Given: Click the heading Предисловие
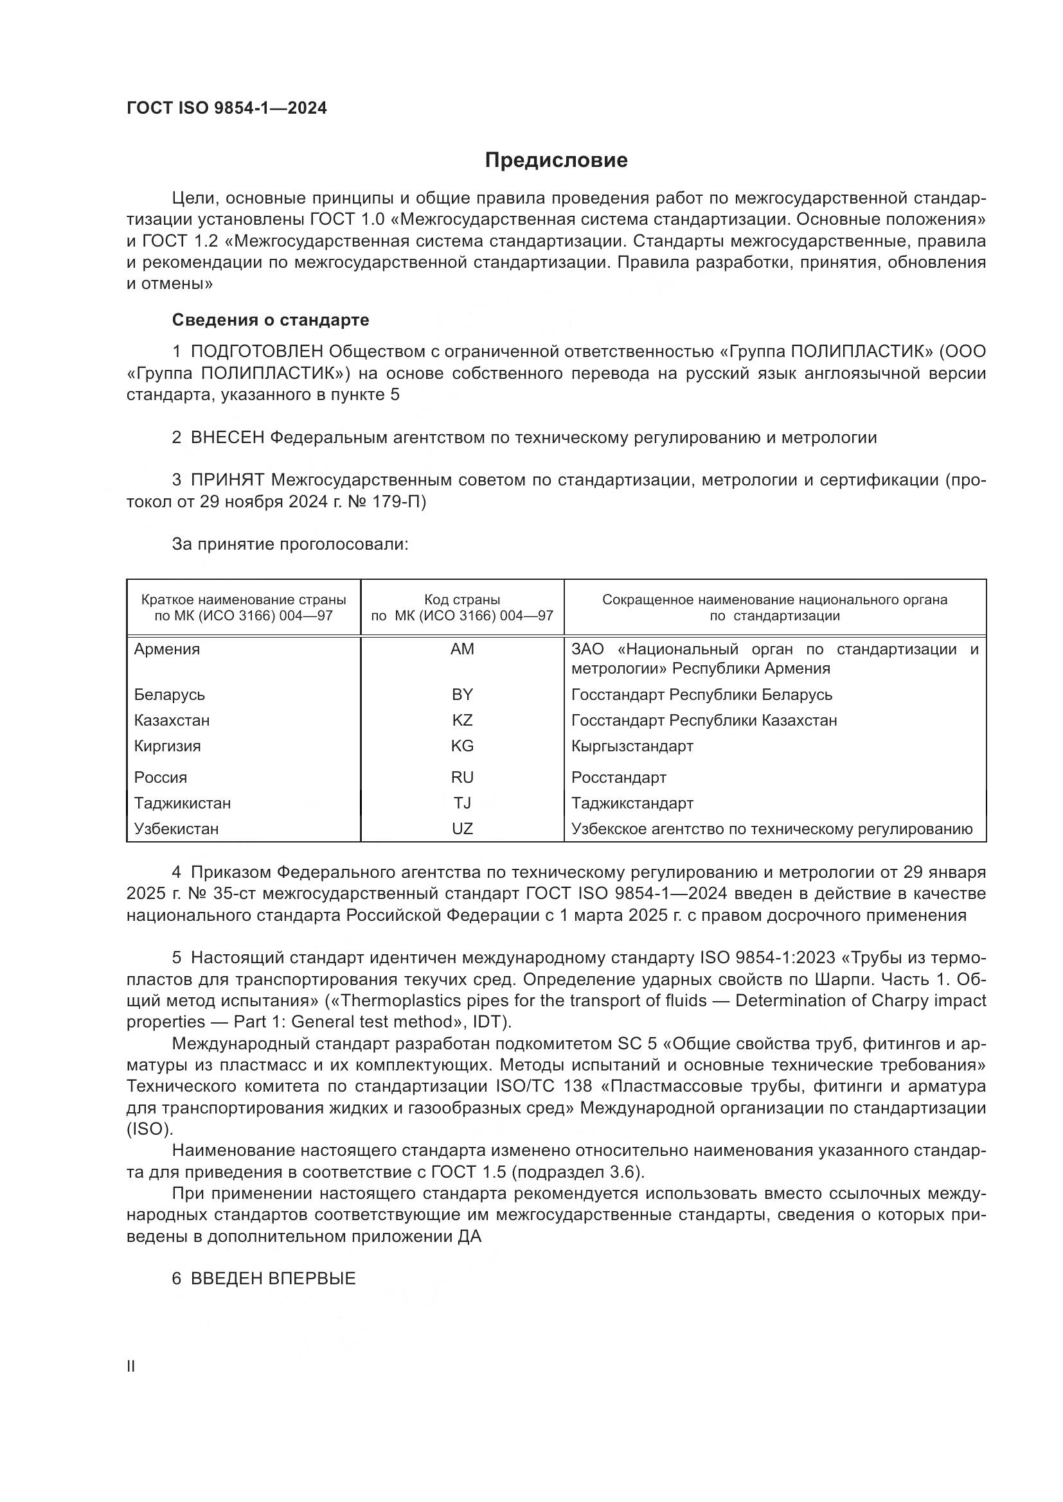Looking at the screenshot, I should point(556,161).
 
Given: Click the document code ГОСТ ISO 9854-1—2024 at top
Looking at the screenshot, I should point(226,108).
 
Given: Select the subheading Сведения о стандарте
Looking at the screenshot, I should point(271,320).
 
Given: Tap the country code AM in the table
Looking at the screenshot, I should point(462,649).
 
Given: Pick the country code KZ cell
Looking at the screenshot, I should point(462,720).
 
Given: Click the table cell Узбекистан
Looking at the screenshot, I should point(176,829).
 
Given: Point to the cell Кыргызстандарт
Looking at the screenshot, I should point(632,746).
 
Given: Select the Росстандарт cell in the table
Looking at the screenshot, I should point(618,777).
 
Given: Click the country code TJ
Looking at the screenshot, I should point(462,803).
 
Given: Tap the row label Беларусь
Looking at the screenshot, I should point(169,694).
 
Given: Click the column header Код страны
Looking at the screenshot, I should point(462,600).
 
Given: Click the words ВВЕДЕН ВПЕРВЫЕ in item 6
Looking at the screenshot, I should point(273,1279).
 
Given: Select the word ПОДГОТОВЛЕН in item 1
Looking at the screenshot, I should point(256,352).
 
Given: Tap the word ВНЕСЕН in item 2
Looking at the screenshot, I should point(227,438).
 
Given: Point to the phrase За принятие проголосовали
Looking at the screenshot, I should point(290,545).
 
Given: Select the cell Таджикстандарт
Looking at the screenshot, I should point(632,803).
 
